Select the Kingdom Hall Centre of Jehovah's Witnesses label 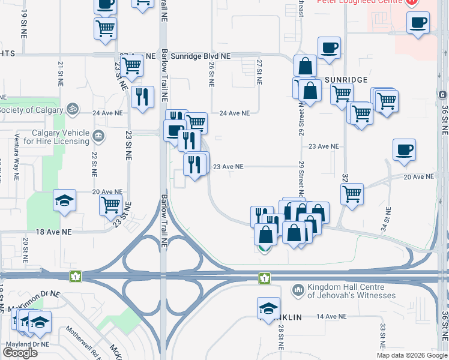coord(351,291)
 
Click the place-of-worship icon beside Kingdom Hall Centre coord(298,291)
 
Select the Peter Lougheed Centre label coord(363,2)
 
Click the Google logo coord(20,352)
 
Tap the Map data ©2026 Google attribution coord(412,355)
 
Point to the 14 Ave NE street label coord(332,316)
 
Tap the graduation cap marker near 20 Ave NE coord(65,201)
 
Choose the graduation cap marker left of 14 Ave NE coord(268,308)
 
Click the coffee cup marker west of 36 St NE coord(405,150)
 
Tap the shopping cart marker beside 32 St coord(352,193)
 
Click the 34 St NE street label coord(389,219)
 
